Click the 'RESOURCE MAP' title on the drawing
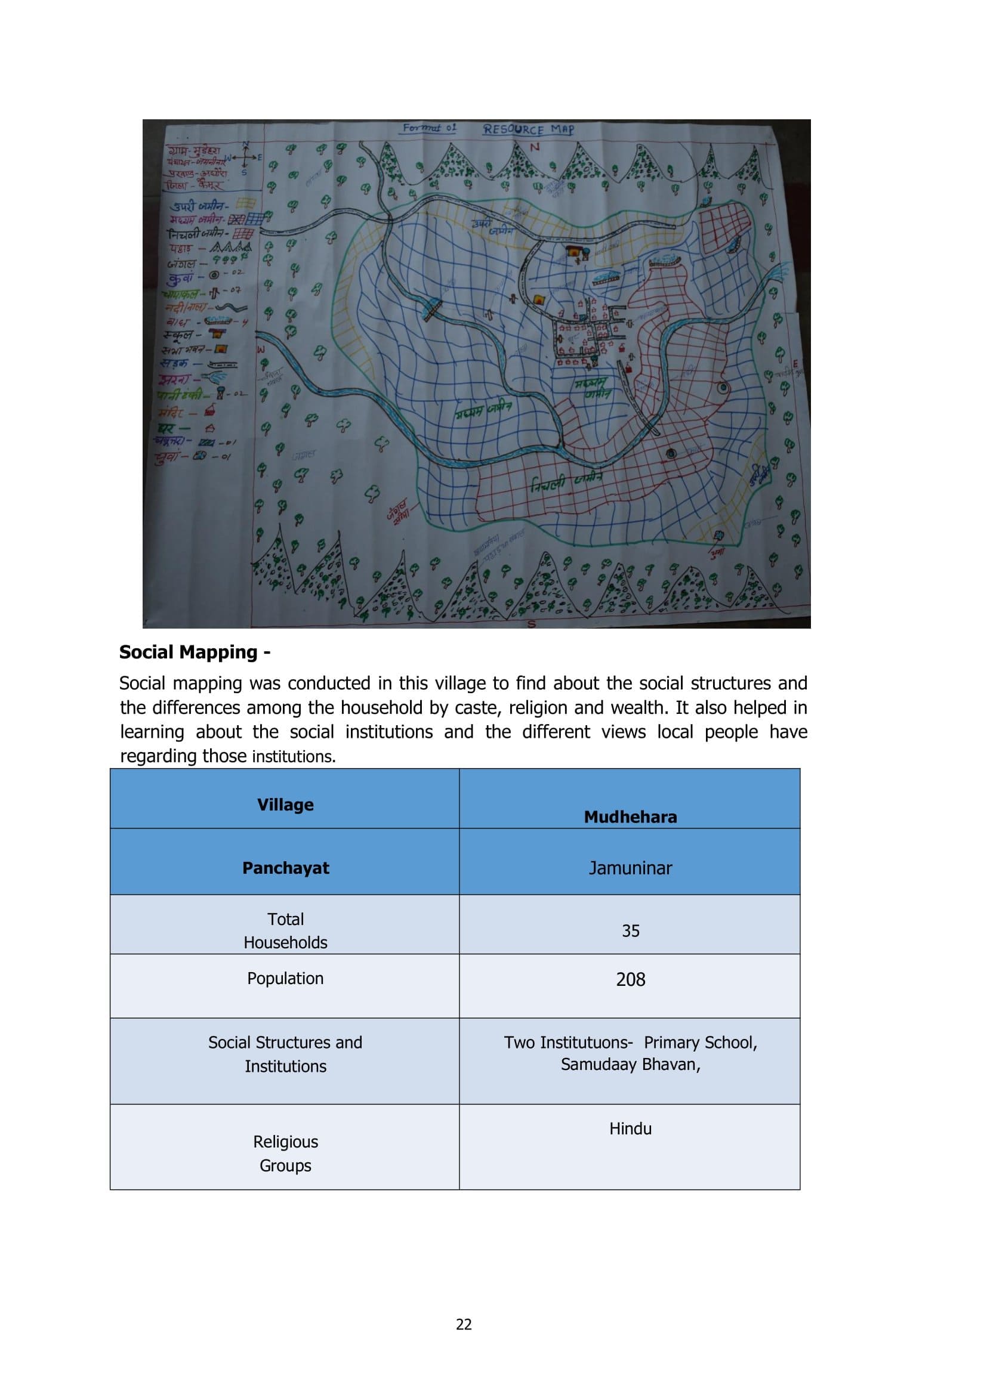point(528,129)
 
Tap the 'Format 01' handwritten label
point(429,128)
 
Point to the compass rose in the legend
point(245,157)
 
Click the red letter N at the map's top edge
point(535,147)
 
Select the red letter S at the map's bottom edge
point(531,623)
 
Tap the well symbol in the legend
point(214,274)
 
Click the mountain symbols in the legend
point(231,248)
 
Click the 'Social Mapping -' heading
point(195,652)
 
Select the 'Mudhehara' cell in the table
point(630,816)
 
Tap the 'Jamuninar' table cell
point(630,868)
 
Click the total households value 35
point(630,930)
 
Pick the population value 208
point(630,979)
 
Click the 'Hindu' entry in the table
point(630,1128)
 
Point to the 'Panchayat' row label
point(286,868)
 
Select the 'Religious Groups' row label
point(286,1153)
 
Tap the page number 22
point(464,1324)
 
